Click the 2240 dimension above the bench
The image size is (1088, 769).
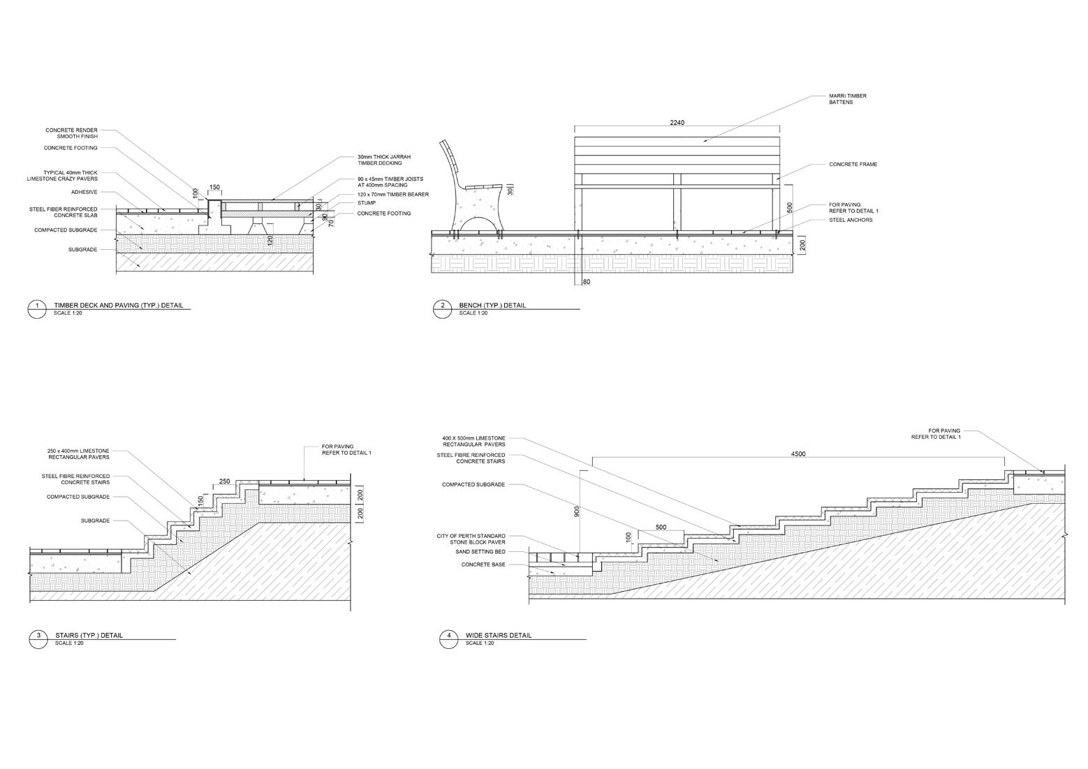pyautogui.click(x=677, y=123)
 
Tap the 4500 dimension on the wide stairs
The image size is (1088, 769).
pyautogui.click(x=797, y=454)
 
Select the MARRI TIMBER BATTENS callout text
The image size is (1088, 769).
pyautogui.click(x=847, y=99)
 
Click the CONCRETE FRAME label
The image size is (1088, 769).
pyautogui.click(x=853, y=165)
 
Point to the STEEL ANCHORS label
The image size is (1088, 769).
pyautogui.click(x=851, y=220)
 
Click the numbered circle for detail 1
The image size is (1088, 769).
pyautogui.click(x=37, y=308)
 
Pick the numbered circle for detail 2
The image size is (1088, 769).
pyautogui.click(x=442, y=308)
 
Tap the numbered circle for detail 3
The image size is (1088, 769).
pyautogui.click(x=38, y=638)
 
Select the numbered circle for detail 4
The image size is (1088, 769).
pyautogui.click(x=449, y=638)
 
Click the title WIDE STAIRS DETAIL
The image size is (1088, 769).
pyautogui.click(x=498, y=635)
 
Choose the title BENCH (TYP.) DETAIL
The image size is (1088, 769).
pyautogui.click(x=492, y=306)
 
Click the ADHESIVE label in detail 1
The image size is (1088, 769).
pyautogui.click(x=84, y=192)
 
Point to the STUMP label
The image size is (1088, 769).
pyautogui.click(x=367, y=203)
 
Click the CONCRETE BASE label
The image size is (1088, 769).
pyautogui.click(x=492, y=565)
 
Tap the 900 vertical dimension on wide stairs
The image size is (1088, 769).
pyautogui.click(x=576, y=512)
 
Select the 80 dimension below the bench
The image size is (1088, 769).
pyautogui.click(x=585, y=282)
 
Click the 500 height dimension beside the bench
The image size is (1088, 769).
pyautogui.click(x=789, y=208)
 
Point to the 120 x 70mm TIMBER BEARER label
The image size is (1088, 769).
pyautogui.click(x=392, y=195)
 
